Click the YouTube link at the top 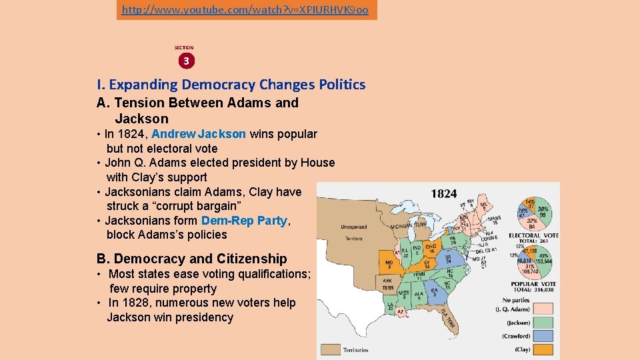pos(247,11)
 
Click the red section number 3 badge pos(186,61)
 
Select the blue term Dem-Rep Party pos(244,221)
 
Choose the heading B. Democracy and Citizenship pos(192,259)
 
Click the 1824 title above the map pos(444,194)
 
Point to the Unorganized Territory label pos(353,232)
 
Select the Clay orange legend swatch pos(545,349)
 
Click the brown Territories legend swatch pos(331,348)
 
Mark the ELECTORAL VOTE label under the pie pos(533,235)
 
